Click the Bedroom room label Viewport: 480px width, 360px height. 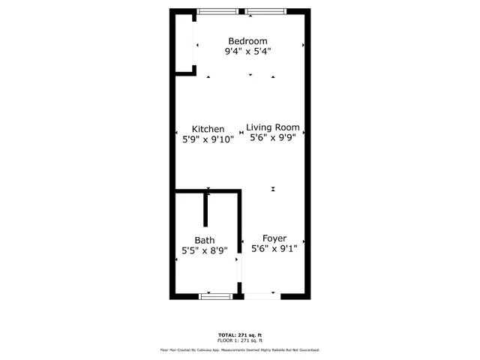coord(247,40)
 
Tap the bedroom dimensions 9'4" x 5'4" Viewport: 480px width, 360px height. coord(247,52)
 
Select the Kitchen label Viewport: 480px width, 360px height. coord(208,129)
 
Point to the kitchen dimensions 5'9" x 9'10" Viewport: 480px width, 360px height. coord(208,139)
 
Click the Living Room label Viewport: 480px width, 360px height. coord(273,127)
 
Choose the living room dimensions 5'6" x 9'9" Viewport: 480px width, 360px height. coord(273,138)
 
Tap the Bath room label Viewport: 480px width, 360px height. coord(205,240)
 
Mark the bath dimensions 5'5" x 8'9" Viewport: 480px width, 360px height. coord(205,250)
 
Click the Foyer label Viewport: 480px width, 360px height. coord(274,238)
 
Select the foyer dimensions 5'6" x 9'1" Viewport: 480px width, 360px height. coord(274,248)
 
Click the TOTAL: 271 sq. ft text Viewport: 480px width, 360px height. coord(240,334)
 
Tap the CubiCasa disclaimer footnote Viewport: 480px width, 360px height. coord(240,349)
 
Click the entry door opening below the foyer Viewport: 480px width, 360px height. coord(261,296)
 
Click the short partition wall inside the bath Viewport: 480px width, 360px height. coord(205,210)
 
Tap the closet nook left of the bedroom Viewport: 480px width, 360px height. coord(184,43)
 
